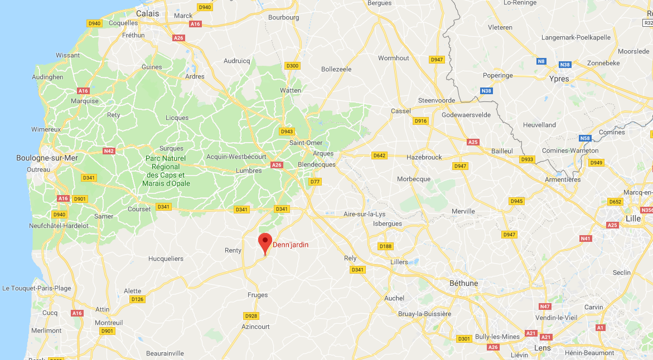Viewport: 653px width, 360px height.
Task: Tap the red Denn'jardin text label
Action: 290,245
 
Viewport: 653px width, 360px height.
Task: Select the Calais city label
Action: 147,13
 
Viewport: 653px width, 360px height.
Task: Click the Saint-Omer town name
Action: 306,143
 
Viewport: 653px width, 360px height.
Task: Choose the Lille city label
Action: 633,218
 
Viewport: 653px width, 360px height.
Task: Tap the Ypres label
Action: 559,79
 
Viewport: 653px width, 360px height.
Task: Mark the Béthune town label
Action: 464,283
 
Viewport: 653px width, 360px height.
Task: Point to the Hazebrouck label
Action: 424,157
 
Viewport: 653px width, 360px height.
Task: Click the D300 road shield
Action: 292,66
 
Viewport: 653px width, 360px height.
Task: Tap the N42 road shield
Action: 109,151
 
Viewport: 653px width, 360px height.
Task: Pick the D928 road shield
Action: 251,316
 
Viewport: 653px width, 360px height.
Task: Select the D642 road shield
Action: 380,155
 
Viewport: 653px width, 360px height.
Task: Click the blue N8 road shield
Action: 541,61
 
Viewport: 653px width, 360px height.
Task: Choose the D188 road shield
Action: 385,246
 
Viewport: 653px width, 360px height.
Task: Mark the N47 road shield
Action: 545,307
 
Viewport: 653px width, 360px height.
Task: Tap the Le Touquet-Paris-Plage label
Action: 37,288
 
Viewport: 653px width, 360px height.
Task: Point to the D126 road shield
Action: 137,299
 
